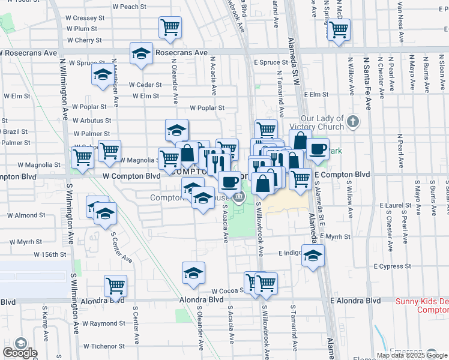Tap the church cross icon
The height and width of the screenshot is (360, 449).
pos(353,122)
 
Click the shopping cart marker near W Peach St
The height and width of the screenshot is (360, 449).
pos(170,26)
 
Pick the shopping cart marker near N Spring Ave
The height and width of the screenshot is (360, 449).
pos(339,29)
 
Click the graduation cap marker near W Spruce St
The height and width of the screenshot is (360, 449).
pos(102,75)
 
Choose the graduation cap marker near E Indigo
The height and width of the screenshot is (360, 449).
pos(313,256)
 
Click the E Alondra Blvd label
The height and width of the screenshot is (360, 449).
pos(356,300)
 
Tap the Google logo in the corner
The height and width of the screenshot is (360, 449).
pos(19,351)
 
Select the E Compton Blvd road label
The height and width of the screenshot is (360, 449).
pos(341,174)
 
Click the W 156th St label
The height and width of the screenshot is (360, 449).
pos(49,254)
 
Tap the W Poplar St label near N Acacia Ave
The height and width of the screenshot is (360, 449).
pos(206,108)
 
